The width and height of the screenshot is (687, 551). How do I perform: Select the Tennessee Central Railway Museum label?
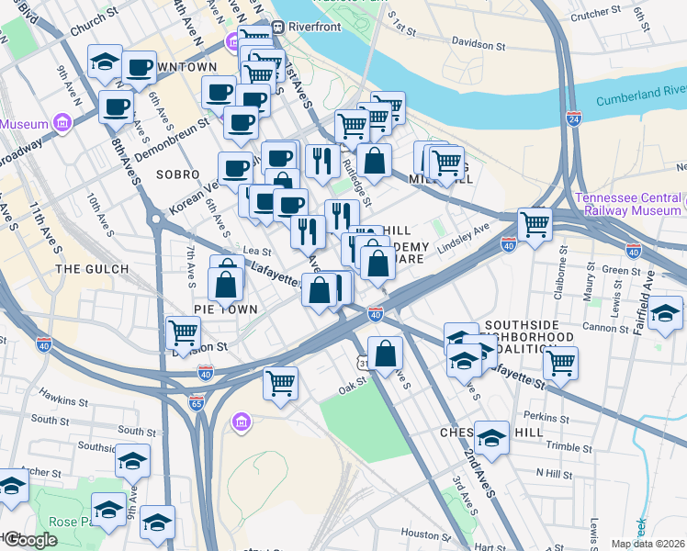(630, 204)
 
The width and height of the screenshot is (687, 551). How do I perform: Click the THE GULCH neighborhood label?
(90, 269)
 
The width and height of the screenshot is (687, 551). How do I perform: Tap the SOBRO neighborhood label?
(177, 174)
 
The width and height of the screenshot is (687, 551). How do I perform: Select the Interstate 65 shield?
(197, 402)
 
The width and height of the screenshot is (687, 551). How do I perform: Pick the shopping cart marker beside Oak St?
(280, 381)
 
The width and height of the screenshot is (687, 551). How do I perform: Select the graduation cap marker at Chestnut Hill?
(491, 438)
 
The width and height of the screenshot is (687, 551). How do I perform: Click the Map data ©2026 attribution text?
(648, 544)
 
